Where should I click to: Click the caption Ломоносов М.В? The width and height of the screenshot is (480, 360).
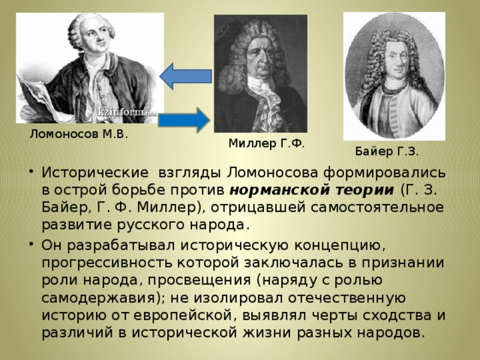tap(79, 134)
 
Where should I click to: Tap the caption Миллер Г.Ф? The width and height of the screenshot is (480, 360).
tap(267, 143)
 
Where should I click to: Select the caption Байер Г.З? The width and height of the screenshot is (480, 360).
tap(387, 151)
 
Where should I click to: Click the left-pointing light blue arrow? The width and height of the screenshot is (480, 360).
tap(186, 76)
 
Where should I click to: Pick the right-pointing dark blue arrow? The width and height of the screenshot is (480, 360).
tap(184, 120)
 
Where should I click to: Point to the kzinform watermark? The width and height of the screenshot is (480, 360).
tap(127, 112)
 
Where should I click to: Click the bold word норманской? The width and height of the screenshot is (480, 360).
tap(280, 190)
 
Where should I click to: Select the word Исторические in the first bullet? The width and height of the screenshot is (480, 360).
tap(95, 172)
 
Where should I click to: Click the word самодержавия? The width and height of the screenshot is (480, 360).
tap(99, 298)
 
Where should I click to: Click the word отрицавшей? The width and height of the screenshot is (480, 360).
tap(258, 208)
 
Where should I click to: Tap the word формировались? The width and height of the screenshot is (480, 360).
tap(385, 173)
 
